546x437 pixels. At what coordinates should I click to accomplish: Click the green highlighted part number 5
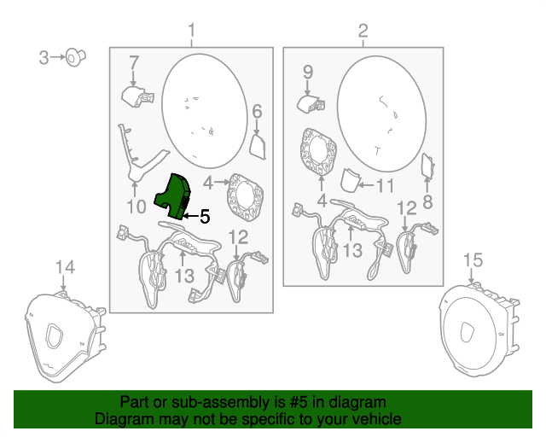click(x=173, y=197)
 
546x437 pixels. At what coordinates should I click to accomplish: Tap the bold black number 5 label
click(x=205, y=217)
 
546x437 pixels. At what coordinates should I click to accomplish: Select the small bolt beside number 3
click(x=76, y=57)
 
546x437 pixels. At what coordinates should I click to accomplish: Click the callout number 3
click(x=44, y=57)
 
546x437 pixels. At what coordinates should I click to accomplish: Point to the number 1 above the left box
click(x=191, y=31)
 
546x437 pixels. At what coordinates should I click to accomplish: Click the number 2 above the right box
click(x=363, y=31)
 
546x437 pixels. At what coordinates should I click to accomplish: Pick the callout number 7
click(x=134, y=63)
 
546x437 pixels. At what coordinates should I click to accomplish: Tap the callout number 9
click(x=308, y=73)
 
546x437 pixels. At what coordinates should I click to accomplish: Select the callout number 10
click(x=136, y=207)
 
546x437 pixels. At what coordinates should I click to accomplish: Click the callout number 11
click(x=386, y=186)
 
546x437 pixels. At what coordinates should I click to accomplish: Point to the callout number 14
click(x=65, y=267)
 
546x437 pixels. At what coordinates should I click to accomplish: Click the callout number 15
click(x=473, y=260)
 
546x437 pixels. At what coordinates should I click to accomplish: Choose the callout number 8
click(x=427, y=201)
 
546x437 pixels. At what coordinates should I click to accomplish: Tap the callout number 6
click(x=257, y=112)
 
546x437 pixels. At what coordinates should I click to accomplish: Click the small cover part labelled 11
click(x=350, y=180)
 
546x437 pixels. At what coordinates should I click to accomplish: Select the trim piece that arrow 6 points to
click(x=258, y=147)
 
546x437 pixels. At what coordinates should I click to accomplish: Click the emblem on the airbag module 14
click(x=55, y=335)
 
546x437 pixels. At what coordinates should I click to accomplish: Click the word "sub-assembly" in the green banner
click(x=220, y=402)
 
